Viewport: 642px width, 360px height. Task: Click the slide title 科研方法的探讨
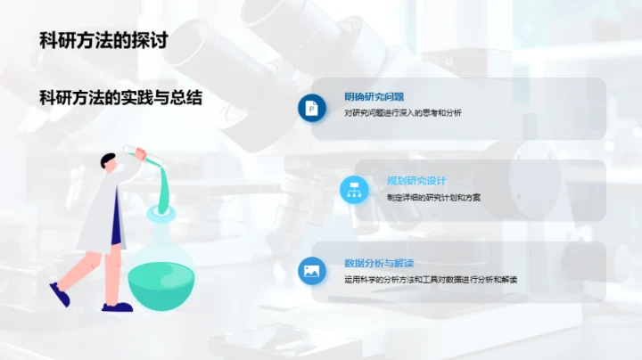tap(105, 40)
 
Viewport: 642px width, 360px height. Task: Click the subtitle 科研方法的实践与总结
tap(120, 97)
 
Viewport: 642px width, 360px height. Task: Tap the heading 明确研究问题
tap(374, 97)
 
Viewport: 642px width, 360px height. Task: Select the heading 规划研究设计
tap(416, 180)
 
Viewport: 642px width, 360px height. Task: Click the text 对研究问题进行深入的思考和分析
tap(403, 113)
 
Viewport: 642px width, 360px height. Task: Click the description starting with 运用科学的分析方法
tap(431, 280)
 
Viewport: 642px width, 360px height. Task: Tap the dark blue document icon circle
tap(312, 106)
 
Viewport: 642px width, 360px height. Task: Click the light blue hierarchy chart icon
tap(354, 188)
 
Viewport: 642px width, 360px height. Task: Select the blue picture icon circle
tap(312, 271)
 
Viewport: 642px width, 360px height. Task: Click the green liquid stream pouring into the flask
tap(161, 187)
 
